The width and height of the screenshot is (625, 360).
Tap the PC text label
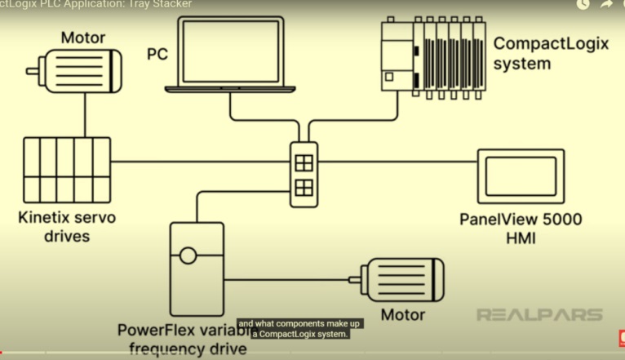[157, 55]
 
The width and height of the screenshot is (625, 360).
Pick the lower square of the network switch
[303, 188]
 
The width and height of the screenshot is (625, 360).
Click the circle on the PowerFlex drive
[188, 256]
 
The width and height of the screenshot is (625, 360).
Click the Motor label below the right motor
[403, 315]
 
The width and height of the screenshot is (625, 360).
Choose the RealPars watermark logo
[539, 314]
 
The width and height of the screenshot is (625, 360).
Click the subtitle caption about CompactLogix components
[299, 328]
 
